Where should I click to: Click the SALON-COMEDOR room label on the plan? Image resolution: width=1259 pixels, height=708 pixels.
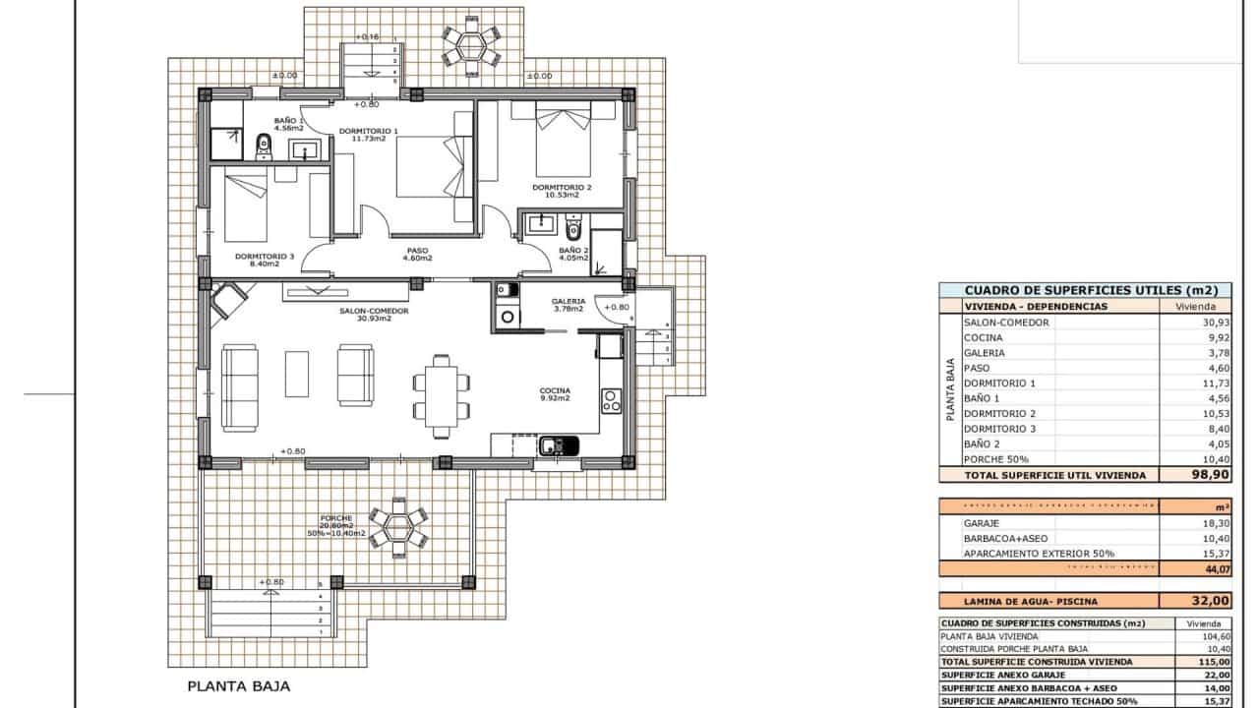click(361, 313)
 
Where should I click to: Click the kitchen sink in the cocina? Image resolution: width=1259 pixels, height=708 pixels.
click(557, 446)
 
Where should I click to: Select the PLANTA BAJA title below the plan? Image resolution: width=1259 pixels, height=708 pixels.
click(238, 687)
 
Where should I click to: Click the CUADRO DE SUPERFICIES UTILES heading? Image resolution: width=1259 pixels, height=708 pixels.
click(1091, 291)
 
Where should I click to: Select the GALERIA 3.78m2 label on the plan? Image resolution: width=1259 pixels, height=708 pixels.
click(569, 305)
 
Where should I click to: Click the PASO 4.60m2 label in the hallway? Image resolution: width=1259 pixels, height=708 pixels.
click(418, 255)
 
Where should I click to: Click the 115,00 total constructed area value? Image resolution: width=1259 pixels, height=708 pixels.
click(1201, 662)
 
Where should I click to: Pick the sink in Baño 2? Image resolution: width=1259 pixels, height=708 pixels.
click(540, 224)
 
